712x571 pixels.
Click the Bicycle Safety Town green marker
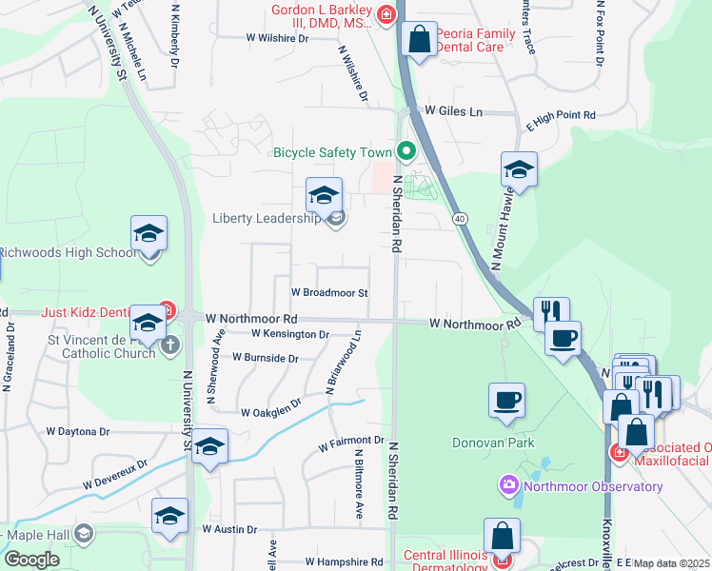point(407,151)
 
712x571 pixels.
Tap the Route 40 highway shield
point(461,219)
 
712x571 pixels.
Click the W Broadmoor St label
point(329,293)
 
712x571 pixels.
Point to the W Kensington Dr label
point(290,334)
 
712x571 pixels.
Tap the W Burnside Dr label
point(266,359)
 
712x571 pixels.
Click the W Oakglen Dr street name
point(271,413)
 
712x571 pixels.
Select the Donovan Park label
point(507,443)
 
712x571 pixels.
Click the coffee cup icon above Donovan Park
point(506,400)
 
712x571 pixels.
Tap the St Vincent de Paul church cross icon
point(170,345)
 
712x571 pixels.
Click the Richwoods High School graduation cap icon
point(148,234)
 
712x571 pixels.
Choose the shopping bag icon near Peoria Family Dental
point(419,40)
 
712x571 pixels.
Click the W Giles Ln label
point(454,111)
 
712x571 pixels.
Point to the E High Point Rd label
point(561,115)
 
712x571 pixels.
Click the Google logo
point(31,560)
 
